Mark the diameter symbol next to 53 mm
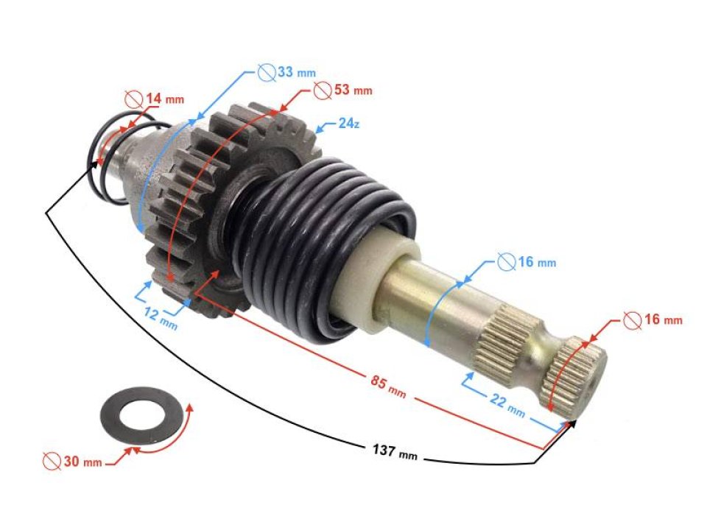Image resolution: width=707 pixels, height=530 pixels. pos(321,90)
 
